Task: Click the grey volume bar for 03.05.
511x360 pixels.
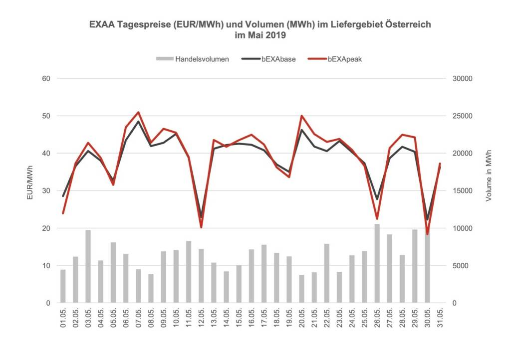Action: coord(88,266)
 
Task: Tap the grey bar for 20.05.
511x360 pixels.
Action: coord(301,289)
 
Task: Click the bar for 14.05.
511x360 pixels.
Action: coord(226,287)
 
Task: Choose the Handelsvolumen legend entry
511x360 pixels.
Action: coord(193,59)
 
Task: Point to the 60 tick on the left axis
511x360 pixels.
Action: coord(46,79)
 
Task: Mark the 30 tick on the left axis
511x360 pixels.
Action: coord(46,191)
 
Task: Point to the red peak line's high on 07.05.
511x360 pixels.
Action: coord(138,112)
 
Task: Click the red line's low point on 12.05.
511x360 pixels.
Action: coord(201,227)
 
